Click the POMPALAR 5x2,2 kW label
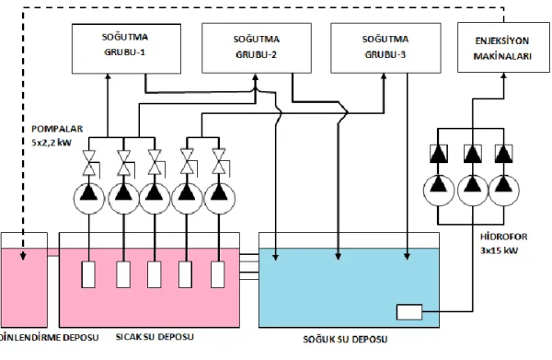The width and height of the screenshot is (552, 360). point(57,135)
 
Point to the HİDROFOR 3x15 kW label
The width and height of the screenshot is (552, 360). point(504,243)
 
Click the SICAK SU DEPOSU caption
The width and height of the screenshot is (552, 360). point(155,337)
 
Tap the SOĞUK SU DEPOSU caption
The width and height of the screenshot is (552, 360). point(345,339)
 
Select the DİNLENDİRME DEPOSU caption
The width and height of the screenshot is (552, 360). point(49,337)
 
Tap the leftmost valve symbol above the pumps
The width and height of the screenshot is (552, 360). point(89,163)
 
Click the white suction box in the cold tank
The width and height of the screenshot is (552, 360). point(409,312)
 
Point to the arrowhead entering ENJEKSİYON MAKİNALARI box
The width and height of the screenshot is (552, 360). point(504,76)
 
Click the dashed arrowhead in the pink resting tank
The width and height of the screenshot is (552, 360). point(23,256)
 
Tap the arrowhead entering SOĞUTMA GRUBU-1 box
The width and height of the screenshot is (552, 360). point(108,76)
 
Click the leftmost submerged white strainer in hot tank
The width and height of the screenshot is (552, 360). point(88,274)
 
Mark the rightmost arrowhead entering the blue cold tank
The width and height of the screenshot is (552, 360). point(408,256)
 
